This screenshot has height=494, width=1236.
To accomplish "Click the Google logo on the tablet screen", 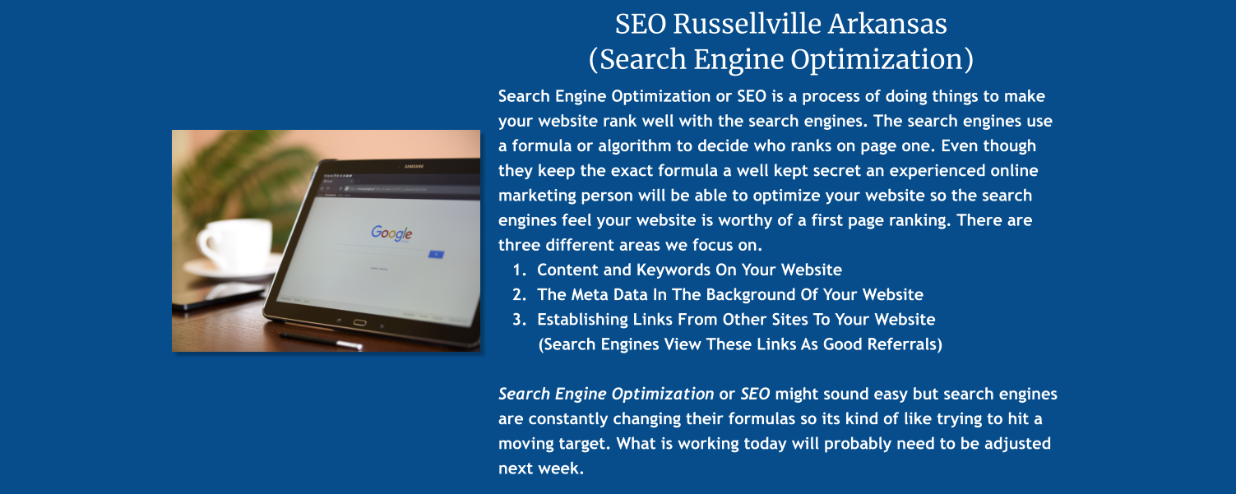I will [x=391, y=233].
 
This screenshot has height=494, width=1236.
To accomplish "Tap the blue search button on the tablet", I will [x=436, y=255].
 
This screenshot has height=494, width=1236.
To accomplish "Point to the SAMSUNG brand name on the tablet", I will [x=413, y=168].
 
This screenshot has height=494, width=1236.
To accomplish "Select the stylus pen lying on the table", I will [x=321, y=339].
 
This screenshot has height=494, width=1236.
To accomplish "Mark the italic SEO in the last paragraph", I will [x=755, y=394].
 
